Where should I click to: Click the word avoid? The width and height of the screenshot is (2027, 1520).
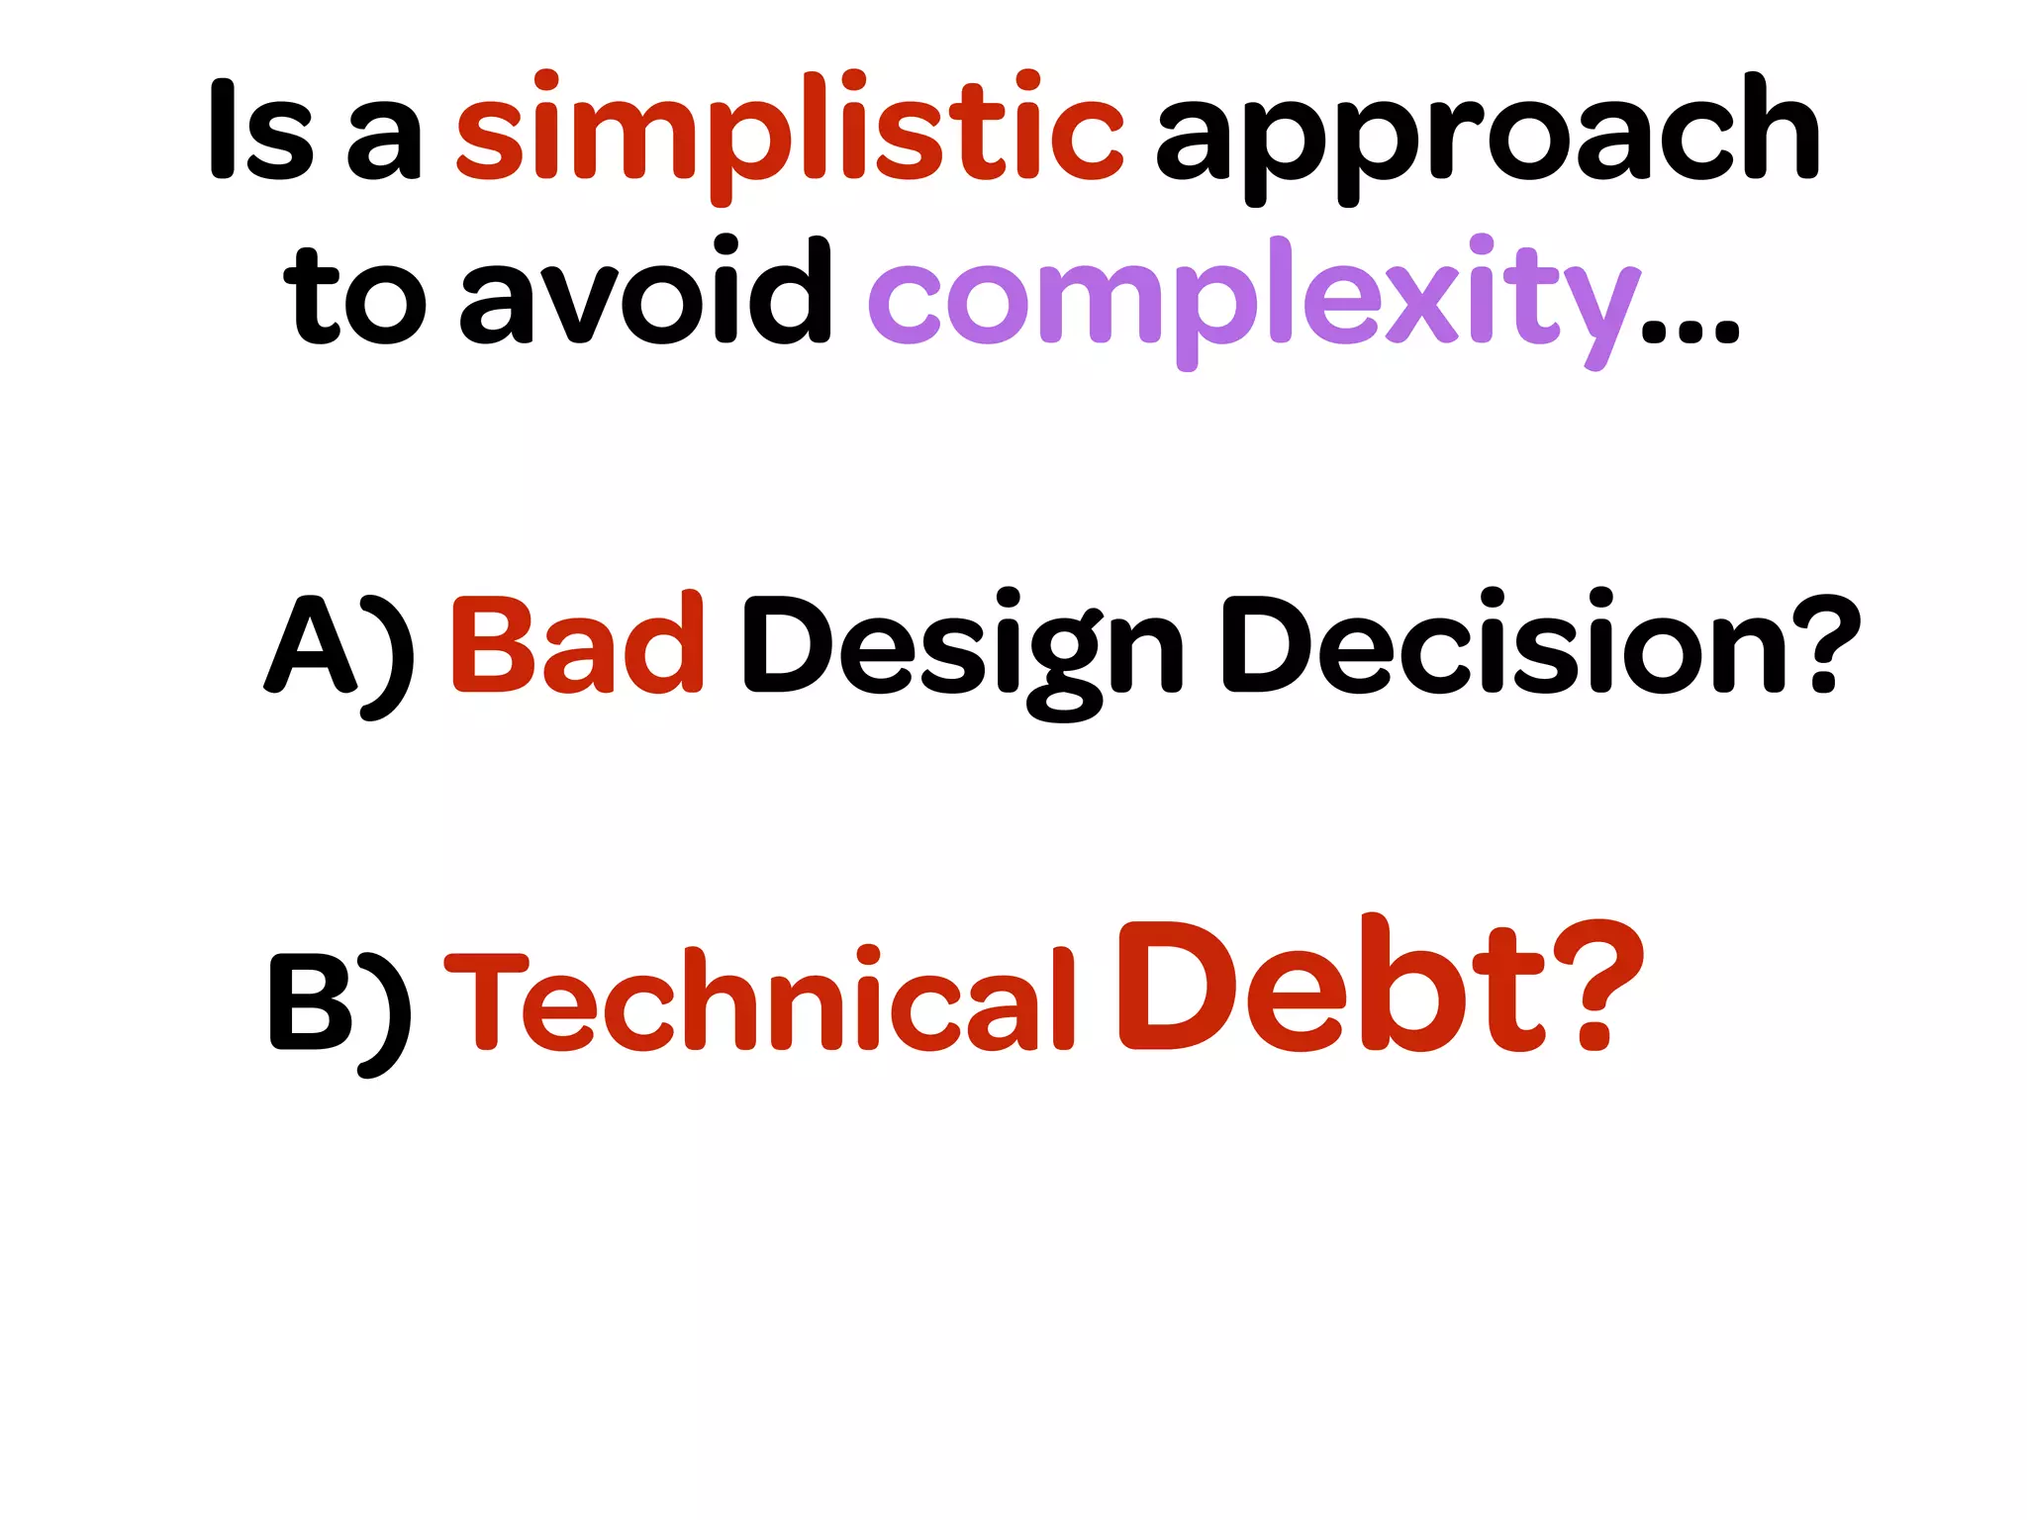pos(645,293)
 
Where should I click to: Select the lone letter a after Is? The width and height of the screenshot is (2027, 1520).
pos(385,143)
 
